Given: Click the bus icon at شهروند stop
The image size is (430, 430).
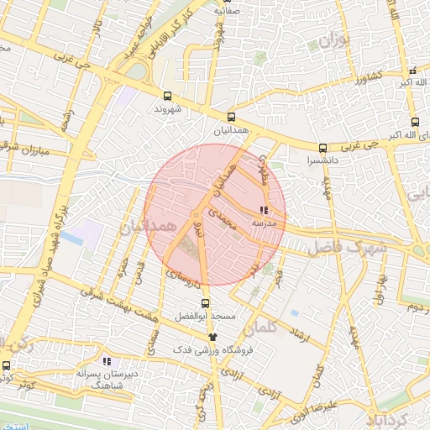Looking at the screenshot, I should pyautogui.click(x=167, y=96).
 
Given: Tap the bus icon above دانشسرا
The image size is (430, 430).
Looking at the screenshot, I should pyautogui.click(x=322, y=147).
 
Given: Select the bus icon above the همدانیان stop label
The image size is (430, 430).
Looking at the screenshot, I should pyautogui.click(x=231, y=118).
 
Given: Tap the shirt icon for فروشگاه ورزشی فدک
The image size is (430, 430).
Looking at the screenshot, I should pyautogui.click(x=212, y=335).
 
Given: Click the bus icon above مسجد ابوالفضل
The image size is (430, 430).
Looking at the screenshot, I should pyautogui.click(x=206, y=303).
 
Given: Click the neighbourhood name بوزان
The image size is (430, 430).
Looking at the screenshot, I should pyautogui.click(x=333, y=40).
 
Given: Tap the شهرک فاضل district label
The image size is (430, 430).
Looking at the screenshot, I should pyautogui.click(x=344, y=249).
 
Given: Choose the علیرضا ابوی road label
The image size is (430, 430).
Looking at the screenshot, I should pyautogui.click(x=340, y=405).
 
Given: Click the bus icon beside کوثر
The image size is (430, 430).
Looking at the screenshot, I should pyautogui.click(x=7, y=365).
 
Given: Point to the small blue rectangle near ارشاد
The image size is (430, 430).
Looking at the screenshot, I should pyautogui.click(x=294, y=313).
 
